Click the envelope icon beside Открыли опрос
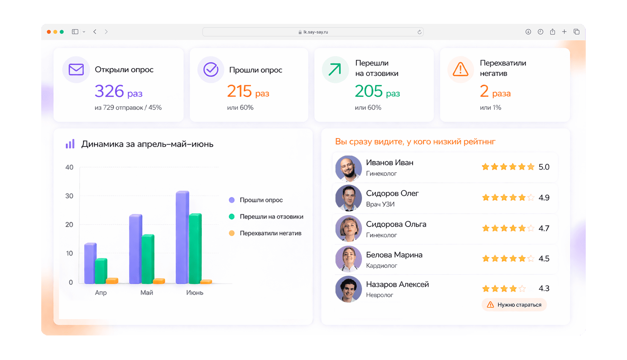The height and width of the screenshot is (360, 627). pyautogui.click(x=76, y=70)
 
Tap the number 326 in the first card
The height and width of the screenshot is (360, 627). pyautogui.click(x=109, y=91)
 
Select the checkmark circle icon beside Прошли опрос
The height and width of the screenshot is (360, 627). pyautogui.click(x=211, y=70)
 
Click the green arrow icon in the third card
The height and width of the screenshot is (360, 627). pyautogui.click(x=335, y=70)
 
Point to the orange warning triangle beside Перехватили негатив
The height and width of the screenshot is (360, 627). pyautogui.click(x=460, y=70)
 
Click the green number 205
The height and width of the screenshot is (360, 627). pyautogui.click(x=369, y=91)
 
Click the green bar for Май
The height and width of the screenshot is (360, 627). pyautogui.click(x=148, y=259)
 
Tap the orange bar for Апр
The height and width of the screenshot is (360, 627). pyautogui.click(x=112, y=281)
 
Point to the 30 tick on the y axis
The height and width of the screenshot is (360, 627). pyautogui.click(x=69, y=196)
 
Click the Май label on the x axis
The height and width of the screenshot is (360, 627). pyautogui.click(x=147, y=292)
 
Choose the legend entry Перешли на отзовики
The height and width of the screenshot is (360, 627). pyautogui.click(x=271, y=216)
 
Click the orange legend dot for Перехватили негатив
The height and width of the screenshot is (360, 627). pyautogui.click(x=232, y=233)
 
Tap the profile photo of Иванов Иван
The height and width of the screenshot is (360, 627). pyautogui.click(x=348, y=168)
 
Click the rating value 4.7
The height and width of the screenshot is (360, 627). pyautogui.click(x=544, y=228)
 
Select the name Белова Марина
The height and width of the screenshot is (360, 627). pyautogui.click(x=394, y=255)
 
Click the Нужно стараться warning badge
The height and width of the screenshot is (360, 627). pyautogui.click(x=514, y=305)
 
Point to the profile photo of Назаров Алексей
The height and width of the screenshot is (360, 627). pyautogui.click(x=348, y=289)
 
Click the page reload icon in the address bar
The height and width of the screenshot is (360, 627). pyautogui.click(x=419, y=32)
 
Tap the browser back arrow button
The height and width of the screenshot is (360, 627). pyautogui.click(x=95, y=32)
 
